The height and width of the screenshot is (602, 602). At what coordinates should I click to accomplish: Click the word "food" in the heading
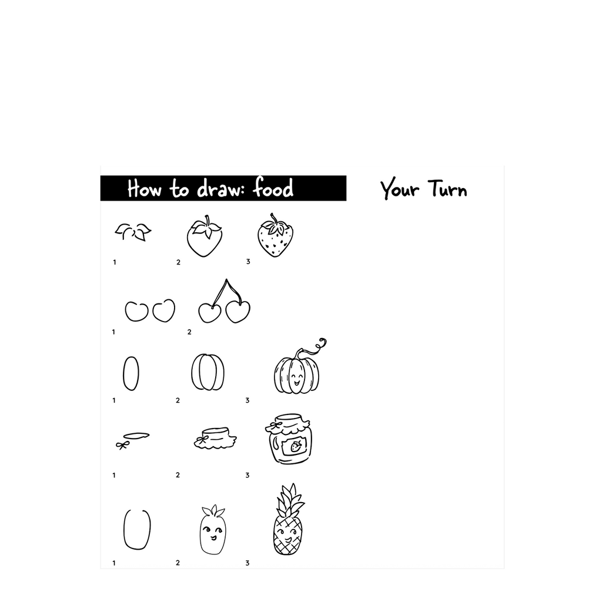pos(273,188)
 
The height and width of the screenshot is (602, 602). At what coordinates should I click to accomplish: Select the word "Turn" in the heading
pos(447,189)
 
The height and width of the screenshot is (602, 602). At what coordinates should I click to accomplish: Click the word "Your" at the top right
pos(400,189)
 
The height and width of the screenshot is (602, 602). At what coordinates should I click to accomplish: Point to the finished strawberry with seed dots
pos(275,235)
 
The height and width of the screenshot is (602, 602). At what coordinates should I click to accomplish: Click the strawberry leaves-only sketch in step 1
pos(133,232)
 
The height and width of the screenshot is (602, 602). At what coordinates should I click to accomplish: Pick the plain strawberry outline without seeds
pos(205,236)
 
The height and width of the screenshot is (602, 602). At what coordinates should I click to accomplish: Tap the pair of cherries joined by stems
pos(225,302)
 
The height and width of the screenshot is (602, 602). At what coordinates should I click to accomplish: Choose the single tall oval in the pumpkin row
pos(131,373)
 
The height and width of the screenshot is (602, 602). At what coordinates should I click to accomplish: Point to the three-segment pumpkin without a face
pos(208,372)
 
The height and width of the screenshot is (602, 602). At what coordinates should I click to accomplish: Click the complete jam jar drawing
pos(288,439)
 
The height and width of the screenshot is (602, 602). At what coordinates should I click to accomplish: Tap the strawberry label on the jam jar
pos(295,446)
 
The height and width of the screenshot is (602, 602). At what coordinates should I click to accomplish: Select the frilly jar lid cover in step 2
pos(215,439)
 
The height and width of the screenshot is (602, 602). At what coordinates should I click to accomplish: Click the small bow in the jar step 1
pos(122,446)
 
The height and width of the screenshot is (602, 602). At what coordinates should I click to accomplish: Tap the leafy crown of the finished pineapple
pos(290,500)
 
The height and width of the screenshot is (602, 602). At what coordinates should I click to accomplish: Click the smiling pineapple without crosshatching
pos(213,530)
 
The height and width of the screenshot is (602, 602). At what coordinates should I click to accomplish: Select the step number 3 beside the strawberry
pos(248,262)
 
